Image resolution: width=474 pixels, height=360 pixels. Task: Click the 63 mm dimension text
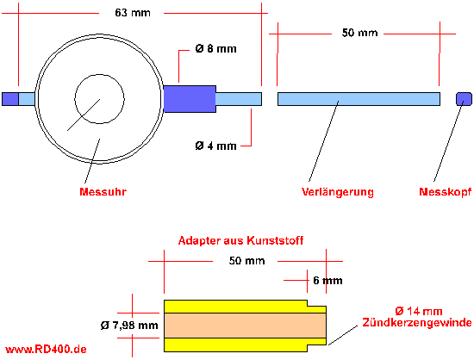pos(133,13)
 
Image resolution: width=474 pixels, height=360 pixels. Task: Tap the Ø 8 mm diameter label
pos(215,48)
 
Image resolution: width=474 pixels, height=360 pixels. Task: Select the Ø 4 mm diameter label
pos(215,146)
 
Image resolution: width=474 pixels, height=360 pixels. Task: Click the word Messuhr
pos(103,192)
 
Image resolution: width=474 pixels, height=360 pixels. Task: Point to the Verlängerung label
pos(338,192)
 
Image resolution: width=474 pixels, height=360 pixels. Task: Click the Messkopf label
pos(446,192)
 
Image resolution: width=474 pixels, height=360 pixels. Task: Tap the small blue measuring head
pos(464,99)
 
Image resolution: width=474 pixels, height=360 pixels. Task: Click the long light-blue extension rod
pos(359,99)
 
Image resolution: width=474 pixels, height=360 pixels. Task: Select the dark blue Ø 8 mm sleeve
pos(190,99)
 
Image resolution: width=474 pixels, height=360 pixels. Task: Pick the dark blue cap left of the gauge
pos(10,99)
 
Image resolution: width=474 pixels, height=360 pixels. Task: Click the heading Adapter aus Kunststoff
pos(240,240)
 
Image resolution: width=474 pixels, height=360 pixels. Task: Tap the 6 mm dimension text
pos(327,281)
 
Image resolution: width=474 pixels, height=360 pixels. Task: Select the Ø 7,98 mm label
pos(129,326)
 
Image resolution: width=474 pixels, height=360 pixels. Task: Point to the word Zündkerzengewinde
pos(417,323)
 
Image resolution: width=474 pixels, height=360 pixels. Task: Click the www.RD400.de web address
pos(46,350)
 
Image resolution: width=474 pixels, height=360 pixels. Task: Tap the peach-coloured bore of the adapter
pos(245,326)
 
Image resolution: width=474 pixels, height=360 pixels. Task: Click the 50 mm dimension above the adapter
pos(246,261)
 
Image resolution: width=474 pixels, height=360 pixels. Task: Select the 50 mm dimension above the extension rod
pos(359,33)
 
